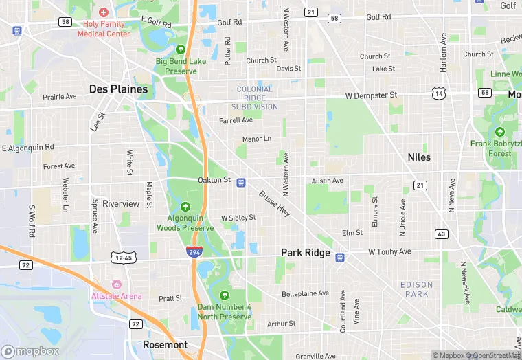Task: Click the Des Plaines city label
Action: pos(118,89)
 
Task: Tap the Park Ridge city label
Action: pos(306,253)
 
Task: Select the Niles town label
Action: pos(419,157)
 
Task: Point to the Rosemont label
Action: pos(165,344)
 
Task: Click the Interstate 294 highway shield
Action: pos(194,252)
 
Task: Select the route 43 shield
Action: pos(442,234)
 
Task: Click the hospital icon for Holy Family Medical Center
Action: pos(104,12)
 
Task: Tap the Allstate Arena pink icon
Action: pos(116,284)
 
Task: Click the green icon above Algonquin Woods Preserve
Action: pos(185,207)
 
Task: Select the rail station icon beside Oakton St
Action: pos(241,182)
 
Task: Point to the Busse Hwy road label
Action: pos(275,205)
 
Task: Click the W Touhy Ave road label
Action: pos(389,252)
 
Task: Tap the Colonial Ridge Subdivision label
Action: pos(257,98)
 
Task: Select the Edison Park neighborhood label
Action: pos(417,289)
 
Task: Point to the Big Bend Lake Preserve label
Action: pos(181,65)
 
